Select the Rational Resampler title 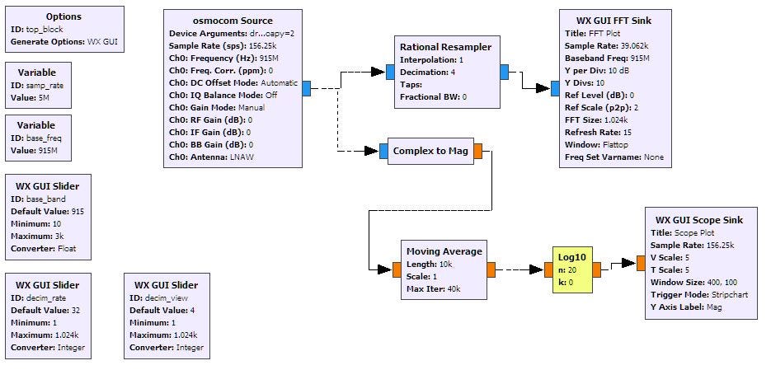click(x=446, y=47)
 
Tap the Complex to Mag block click(x=430, y=152)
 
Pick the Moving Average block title click(x=444, y=251)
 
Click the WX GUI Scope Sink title click(x=698, y=220)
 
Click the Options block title click(x=63, y=16)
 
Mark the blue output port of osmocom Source click(x=306, y=89)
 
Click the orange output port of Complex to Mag click(x=478, y=152)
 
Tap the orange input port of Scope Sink click(x=640, y=263)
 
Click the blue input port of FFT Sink click(x=555, y=89)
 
